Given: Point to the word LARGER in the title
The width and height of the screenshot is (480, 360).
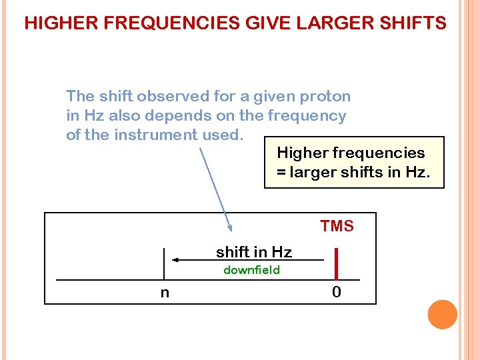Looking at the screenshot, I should pyautogui.click(x=330, y=24).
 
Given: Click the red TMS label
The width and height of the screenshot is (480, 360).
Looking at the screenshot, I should pyautogui.click(x=337, y=227).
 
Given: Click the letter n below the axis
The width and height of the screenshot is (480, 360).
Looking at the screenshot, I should pyautogui.click(x=165, y=292).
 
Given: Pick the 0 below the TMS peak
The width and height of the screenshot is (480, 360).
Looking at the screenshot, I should pyautogui.click(x=337, y=292).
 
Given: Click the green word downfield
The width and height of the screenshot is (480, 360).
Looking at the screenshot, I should pyautogui.click(x=251, y=270).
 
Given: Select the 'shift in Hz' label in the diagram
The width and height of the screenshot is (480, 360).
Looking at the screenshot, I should pyautogui.click(x=254, y=252).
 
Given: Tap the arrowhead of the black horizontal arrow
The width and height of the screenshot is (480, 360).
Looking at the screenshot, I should pyautogui.click(x=175, y=260).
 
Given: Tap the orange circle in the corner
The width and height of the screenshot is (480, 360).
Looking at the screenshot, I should pyautogui.click(x=443, y=315).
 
